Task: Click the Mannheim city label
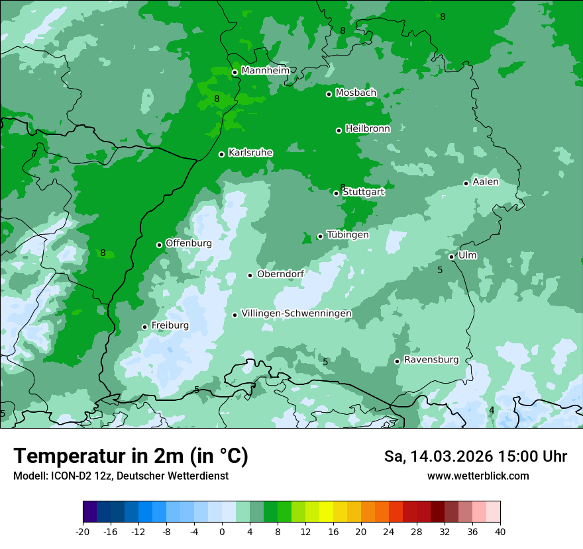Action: point(266,70)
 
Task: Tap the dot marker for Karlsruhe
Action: point(222,154)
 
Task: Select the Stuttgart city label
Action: point(363,192)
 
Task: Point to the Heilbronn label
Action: point(368,128)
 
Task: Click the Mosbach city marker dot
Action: point(329,94)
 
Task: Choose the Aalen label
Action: point(486,181)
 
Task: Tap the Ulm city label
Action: point(467,255)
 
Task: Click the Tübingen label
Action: point(348,234)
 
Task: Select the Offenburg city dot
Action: point(159,245)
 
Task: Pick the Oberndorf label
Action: point(281,274)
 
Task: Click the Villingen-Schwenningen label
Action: point(296,313)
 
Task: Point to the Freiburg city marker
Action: point(144,327)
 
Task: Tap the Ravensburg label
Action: point(431,360)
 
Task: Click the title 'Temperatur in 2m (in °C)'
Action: point(131,456)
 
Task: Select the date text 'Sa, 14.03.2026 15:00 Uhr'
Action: point(475,456)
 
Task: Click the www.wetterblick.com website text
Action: point(478,476)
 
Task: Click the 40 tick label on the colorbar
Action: point(500,531)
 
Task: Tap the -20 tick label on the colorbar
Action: point(83,531)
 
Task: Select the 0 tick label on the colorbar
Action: point(222,531)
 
